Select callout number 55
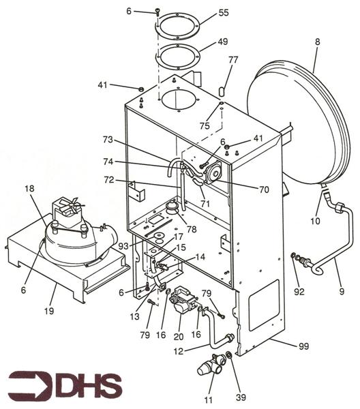204,13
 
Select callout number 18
29,187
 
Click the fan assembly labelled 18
68,235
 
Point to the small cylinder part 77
222,90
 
